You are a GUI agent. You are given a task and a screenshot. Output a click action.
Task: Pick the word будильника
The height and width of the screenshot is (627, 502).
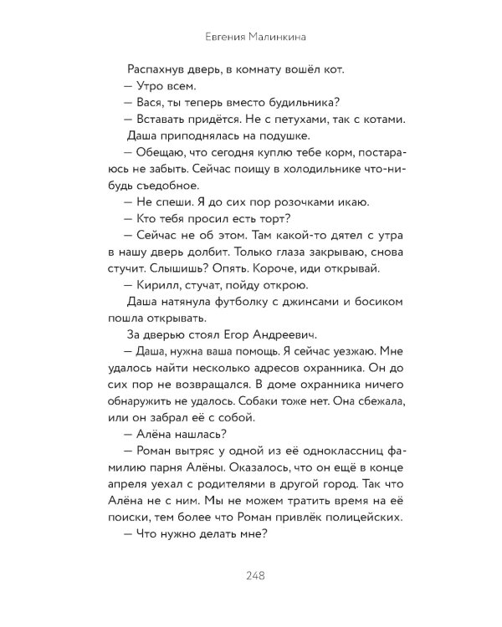point(306,102)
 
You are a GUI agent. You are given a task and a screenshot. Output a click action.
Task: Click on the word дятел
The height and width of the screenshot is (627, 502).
point(307,235)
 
